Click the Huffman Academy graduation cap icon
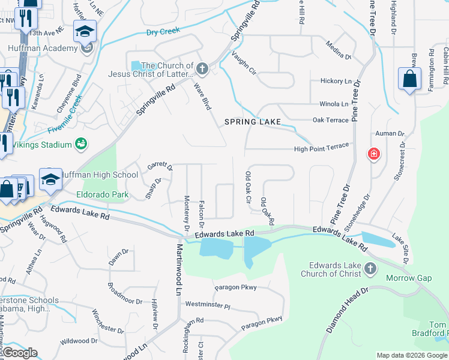click(85, 31)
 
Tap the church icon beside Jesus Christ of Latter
click(202, 70)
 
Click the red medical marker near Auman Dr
click(374, 154)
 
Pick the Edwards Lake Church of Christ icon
click(370, 269)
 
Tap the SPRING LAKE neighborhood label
click(252, 122)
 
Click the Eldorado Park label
click(103, 195)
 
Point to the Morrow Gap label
click(408, 278)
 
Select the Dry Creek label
click(163, 31)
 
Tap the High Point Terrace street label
click(321, 149)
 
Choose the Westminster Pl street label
click(208, 305)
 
